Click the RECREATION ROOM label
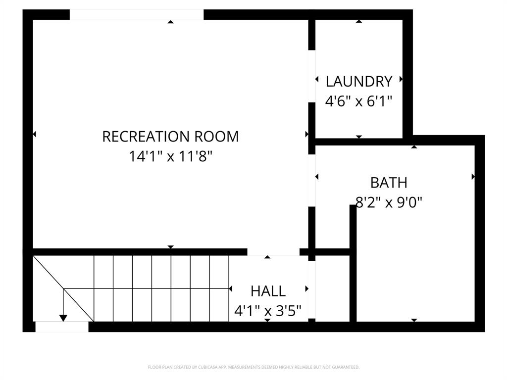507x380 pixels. (170, 136)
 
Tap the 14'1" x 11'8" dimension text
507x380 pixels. (170, 157)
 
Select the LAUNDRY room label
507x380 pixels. (359, 81)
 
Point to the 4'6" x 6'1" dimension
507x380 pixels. (359, 101)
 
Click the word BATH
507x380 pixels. (389, 183)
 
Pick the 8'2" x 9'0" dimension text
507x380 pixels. (389, 202)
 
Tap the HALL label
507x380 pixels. (268, 291)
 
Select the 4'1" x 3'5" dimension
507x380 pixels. (268, 311)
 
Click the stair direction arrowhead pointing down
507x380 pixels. (63, 317)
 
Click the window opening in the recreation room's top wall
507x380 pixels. (136, 15)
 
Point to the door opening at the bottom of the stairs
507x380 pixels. (62, 327)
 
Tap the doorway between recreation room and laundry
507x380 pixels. (312, 76)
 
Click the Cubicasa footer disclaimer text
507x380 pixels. (253, 367)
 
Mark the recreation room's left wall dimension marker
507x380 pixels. (34, 134)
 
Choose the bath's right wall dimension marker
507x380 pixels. (473, 176)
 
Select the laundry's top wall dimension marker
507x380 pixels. (359, 21)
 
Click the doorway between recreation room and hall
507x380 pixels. (273, 252)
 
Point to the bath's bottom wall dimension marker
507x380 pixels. (414, 320)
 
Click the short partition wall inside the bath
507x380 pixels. (353, 262)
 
